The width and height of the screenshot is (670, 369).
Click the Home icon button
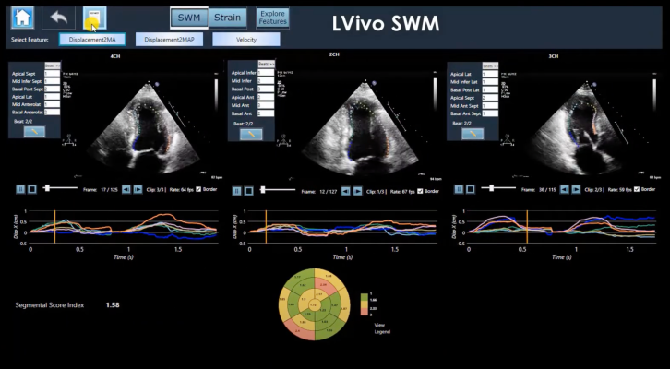coord(22,18)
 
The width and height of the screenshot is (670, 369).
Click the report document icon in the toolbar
coord(94,18)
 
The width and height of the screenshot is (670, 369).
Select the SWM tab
coord(188,18)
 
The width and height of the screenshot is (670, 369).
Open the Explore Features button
coord(272,18)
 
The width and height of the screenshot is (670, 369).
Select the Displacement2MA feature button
coord(92,40)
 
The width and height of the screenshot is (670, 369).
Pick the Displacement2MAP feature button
coord(169,40)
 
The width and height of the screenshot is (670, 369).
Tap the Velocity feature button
coord(246,40)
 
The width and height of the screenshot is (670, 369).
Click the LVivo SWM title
coord(387,22)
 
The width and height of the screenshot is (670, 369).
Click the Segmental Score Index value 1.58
coord(113,304)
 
